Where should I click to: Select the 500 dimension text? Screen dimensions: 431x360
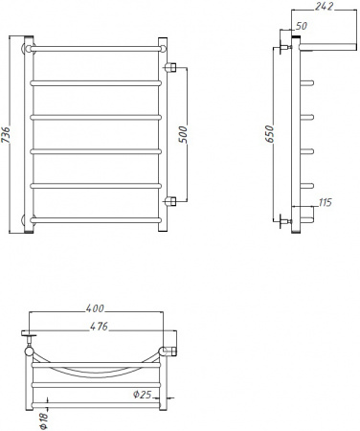point(183,134)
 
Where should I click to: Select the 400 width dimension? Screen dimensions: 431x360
point(95,308)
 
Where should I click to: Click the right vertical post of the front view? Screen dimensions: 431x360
point(165,134)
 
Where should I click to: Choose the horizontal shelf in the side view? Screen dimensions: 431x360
point(321,45)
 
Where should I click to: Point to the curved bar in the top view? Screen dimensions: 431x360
point(96,369)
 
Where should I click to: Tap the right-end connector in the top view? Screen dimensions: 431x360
point(169,340)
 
